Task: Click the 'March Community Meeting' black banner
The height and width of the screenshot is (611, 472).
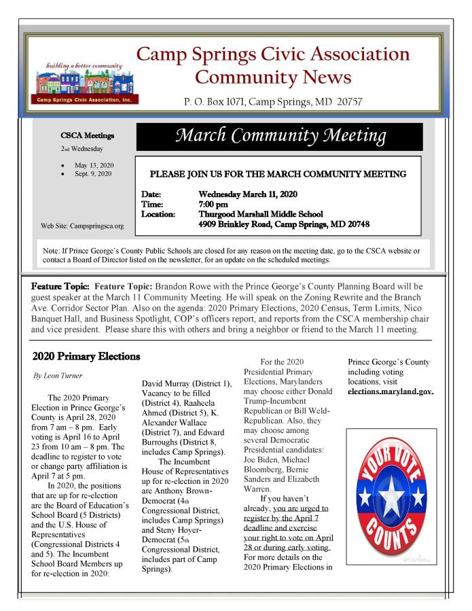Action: [280, 137]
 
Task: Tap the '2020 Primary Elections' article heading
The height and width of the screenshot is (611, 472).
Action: [86, 355]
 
